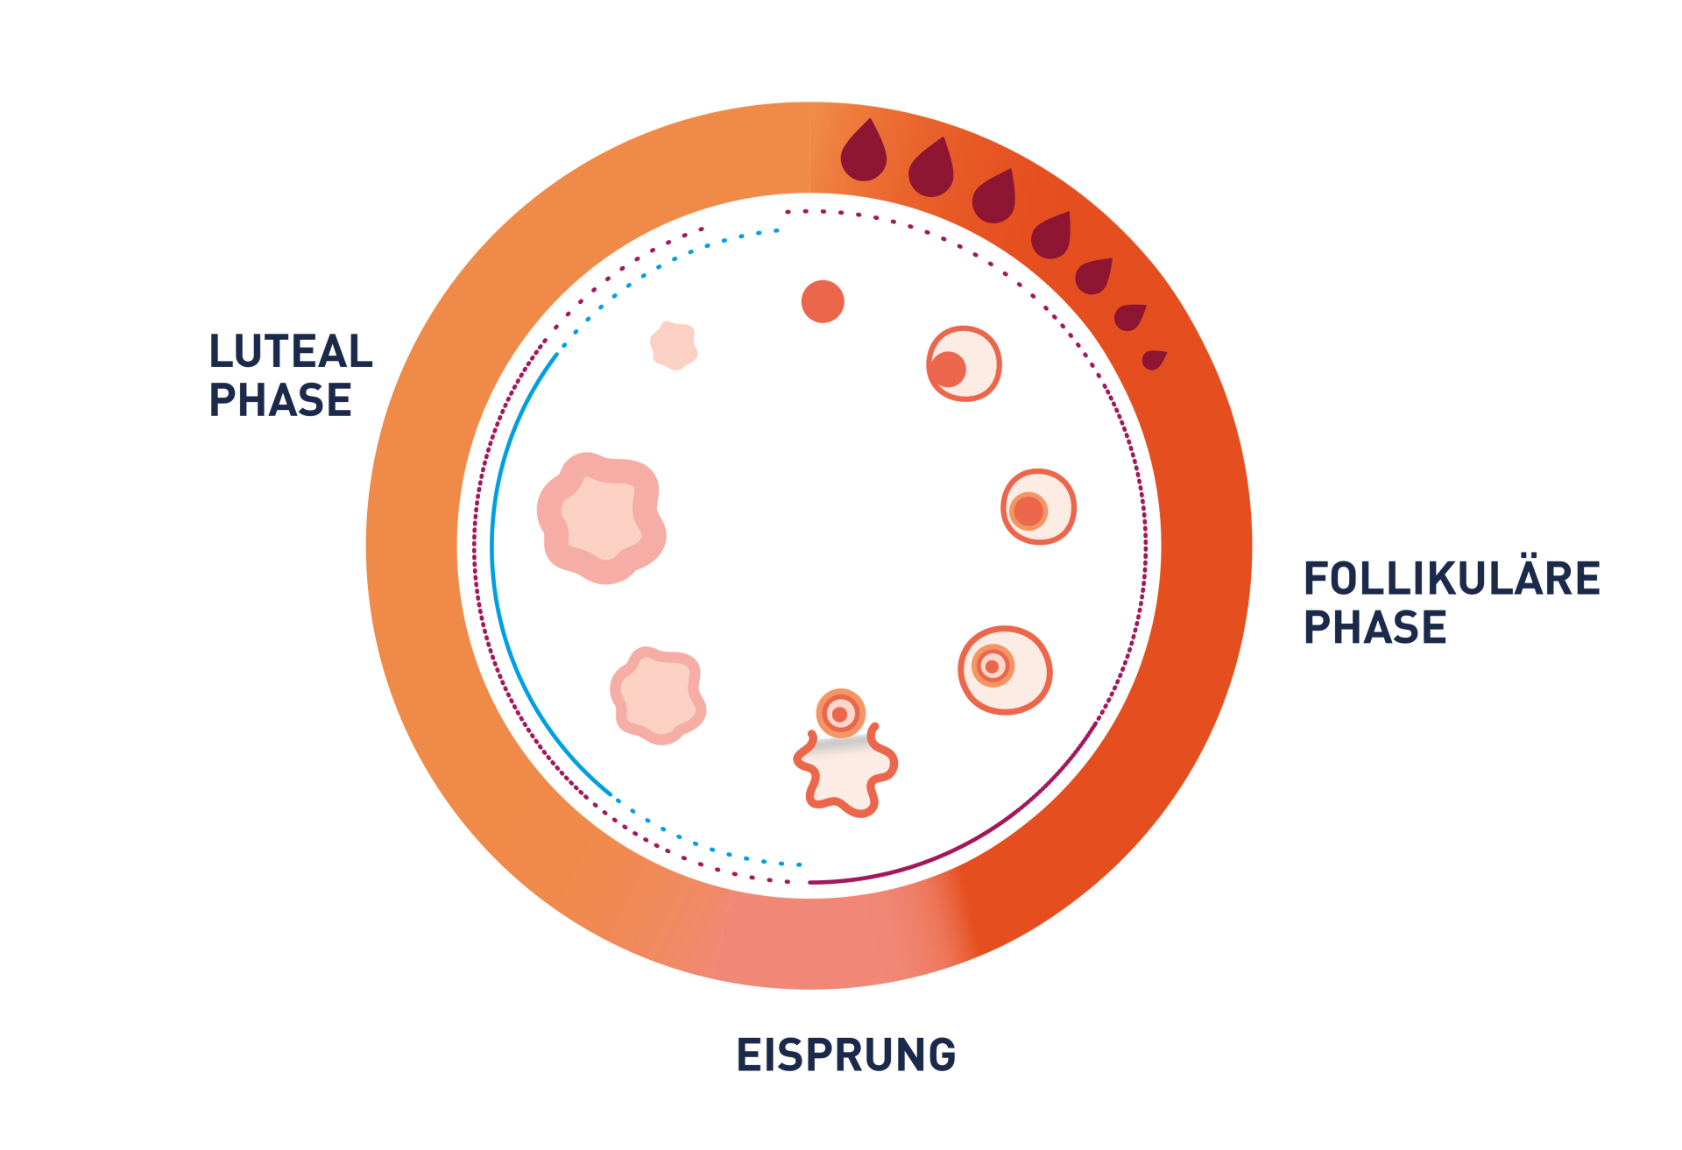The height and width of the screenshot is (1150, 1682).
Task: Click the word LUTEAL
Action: [x=290, y=352]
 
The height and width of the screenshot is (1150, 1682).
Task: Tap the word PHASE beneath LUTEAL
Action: [x=280, y=401]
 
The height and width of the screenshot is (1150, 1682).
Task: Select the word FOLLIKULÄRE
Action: [x=1452, y=579]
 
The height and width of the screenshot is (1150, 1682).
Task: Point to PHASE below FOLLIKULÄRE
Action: [x=1375, y=628]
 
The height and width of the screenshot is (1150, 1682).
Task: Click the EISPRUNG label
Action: [x=845, y=1055]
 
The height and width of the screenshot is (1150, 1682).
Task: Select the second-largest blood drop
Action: [x=931, y=170]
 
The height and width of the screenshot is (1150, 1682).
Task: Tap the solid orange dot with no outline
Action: [x=823, y=301]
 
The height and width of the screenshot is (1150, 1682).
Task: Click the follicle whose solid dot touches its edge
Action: [x=964, y=363]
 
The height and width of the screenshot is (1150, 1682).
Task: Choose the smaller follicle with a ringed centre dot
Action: [x=1038, y=507]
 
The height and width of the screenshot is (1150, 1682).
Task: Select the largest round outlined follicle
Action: [x=1005, y=670]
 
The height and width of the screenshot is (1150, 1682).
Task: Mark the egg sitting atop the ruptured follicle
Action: [x=840, y=714]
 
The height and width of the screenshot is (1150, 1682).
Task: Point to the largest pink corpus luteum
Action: [x=601, y=518]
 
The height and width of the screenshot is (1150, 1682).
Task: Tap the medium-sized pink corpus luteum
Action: [x=657, y=695]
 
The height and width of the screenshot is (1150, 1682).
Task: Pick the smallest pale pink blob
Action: [x=673, y=345]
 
